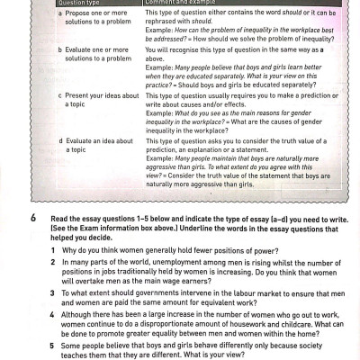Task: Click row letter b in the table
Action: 60,51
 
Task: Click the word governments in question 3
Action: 150,292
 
